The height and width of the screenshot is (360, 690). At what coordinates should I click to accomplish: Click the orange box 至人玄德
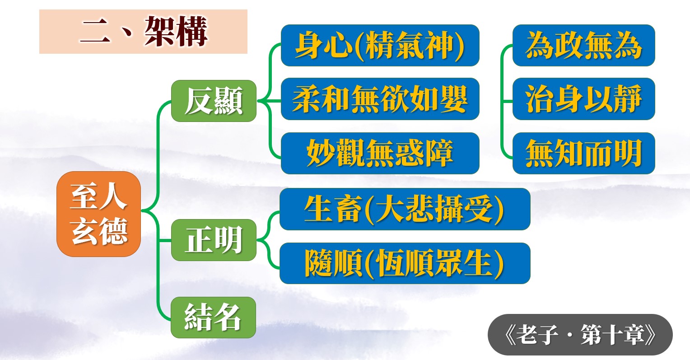point(98,214)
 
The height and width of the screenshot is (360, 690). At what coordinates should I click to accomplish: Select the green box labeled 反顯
point(214,101)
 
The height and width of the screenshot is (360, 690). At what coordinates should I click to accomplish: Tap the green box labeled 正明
point(214,240)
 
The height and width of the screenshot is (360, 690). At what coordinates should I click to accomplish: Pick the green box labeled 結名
point(214,317)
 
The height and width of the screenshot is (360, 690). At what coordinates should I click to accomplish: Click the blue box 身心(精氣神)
point(380,45)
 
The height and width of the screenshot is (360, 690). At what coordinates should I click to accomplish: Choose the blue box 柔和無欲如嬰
point(380,99)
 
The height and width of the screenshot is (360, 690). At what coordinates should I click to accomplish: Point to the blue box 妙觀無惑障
point(380,153)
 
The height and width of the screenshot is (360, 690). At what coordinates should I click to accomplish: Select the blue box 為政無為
point(584,45)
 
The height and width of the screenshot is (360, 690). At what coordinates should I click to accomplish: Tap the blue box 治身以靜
point(584,99)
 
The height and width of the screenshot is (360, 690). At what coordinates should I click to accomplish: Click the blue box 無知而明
point(584,153)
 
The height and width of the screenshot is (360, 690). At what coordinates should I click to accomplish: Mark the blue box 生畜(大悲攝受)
point(405,209)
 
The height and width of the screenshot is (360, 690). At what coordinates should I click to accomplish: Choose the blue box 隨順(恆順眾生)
point(405,263)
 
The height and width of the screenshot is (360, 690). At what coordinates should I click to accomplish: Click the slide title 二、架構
point(143,32)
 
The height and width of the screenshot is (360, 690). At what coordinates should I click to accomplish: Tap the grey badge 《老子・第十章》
point(580,335)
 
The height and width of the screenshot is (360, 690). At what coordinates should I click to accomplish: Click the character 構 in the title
point(191,32)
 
